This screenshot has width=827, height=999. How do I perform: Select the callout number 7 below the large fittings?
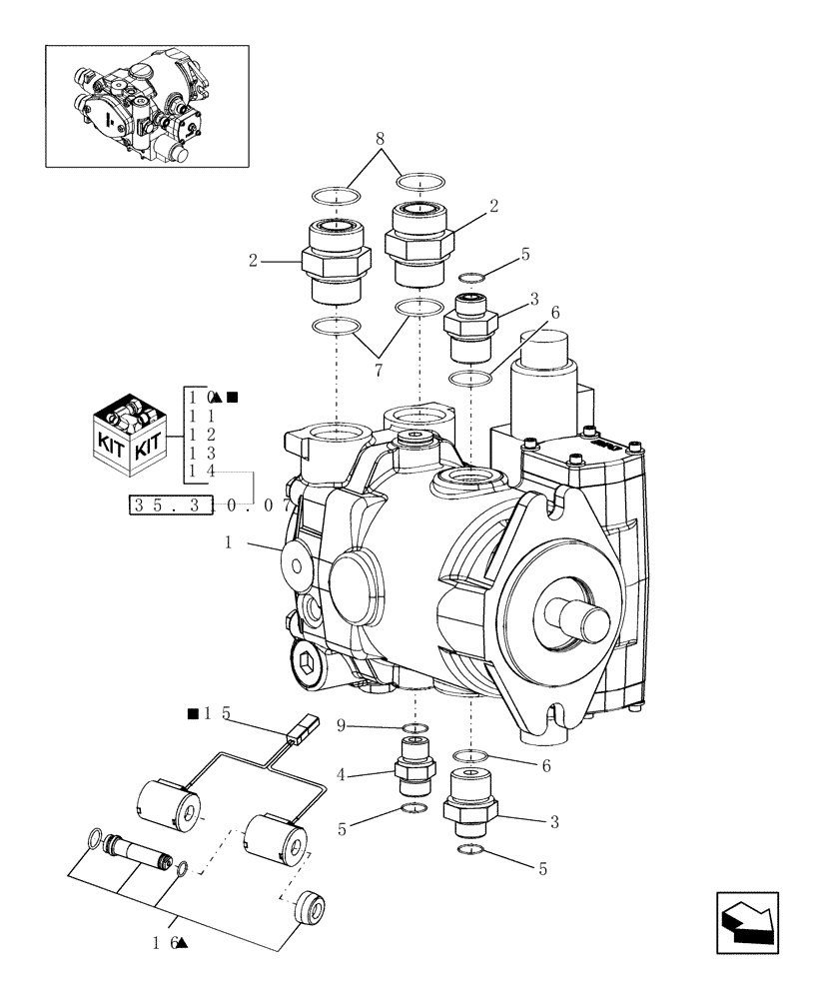379,372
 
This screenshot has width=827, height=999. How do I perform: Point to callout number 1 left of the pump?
229,542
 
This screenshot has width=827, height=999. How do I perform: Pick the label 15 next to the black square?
217,713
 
